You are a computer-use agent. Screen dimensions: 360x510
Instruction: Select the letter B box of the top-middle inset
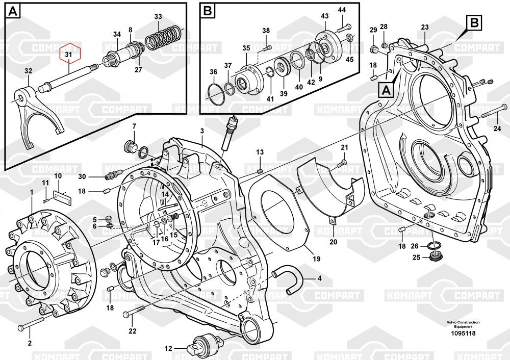click(x=207, y=10)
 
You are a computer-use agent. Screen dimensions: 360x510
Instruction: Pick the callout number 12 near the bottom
click(x=168, y=349)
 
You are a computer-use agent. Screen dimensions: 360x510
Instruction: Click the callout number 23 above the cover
click(x=424, y=28)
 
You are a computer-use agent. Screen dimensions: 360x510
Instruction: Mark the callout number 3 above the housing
click(x=202, y=131)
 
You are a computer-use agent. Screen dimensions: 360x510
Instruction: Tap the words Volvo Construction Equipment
click(x=463, y=325)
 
